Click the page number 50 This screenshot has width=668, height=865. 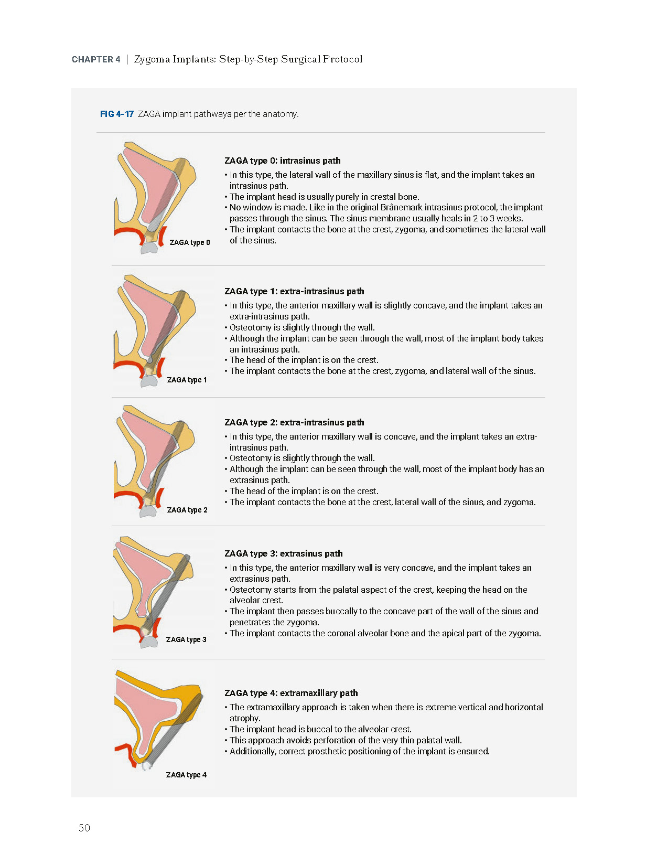click(84, 828)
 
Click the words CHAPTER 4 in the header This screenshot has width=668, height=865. click(96, 59)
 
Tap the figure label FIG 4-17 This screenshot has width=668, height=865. click(116, 114)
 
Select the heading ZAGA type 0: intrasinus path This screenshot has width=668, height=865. click(282, 161)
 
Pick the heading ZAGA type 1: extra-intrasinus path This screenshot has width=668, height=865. click(294, 291)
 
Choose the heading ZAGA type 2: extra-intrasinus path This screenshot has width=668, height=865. click(294, 422)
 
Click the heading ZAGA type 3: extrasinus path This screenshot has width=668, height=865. click(283, 553)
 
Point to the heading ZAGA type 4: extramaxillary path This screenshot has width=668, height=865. click(291, 693)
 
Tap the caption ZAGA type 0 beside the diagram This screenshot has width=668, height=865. click(190, 242)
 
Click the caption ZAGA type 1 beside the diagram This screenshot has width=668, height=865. click(187, 380)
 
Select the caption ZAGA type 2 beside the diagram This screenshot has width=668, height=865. click(187, 510)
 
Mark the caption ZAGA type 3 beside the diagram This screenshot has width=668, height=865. click(186, 639)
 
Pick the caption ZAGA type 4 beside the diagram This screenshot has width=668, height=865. click(186, 775)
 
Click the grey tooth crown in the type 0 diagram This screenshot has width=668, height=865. click(149, 249)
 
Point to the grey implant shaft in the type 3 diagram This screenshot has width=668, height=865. click(165, 593)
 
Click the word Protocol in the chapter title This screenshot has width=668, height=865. click(342, 59)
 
